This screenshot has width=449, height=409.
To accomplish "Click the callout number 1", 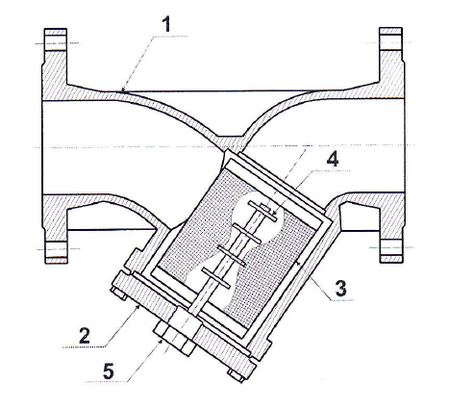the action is [166, 24].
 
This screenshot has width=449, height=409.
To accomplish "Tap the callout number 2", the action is [85, 336].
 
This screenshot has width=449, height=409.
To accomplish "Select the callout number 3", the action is [341, 288].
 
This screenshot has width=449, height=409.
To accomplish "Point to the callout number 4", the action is [333, 159].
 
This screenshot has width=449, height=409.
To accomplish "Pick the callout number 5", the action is [109, 371].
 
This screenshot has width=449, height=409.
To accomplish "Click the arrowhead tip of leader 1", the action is [122, 92].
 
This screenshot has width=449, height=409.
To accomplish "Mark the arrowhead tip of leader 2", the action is [140, 305].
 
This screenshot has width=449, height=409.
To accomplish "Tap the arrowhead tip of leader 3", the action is [296, 262].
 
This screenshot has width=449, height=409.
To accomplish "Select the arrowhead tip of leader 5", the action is [162, 340].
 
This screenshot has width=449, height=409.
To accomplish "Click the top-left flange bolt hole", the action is [56, 42].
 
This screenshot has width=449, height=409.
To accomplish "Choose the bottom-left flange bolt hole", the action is [56, 249].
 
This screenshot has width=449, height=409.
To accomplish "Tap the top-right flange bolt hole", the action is [390, 42].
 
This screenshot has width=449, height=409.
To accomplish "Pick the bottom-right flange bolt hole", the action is [391, 247].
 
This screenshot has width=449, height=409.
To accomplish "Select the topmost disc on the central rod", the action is [262, 211].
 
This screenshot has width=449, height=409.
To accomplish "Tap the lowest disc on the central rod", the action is [216, 278].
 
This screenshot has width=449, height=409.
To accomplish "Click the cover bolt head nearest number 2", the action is [117, 294].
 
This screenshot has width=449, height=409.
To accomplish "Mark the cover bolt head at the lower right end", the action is [236, 375].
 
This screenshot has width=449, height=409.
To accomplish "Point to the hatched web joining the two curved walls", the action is [230, 141].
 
